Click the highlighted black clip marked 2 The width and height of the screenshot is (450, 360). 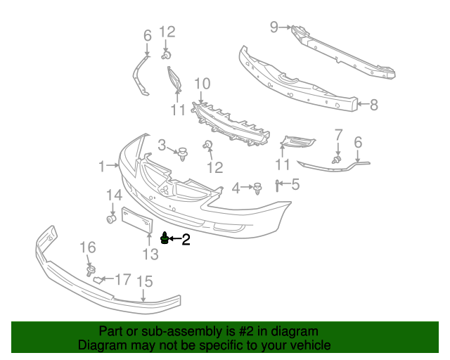click(x=165, y=239)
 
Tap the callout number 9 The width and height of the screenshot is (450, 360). click(x=274, y=27)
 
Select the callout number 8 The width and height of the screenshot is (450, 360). click(x=373, y=105)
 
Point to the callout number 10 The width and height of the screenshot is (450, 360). click(x=202, y=84)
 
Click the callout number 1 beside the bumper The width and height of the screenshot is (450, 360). click(x=102, y=166)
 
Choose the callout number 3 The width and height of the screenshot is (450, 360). click(x=162, y=146)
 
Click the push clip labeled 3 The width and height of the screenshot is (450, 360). click(x=184, y=153)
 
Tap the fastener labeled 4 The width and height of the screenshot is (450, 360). click(x=258, y=188)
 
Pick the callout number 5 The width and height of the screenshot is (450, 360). click(x=295, y=185)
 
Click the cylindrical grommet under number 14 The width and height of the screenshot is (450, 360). click(x=111, y=221)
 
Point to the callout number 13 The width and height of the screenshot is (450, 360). click(x=150, y=254)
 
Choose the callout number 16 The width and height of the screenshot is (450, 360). click(x=87, y=247)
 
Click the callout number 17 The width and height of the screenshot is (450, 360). click(x=122, y=280)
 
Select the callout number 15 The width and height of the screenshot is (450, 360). click(x=144, y=282)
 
